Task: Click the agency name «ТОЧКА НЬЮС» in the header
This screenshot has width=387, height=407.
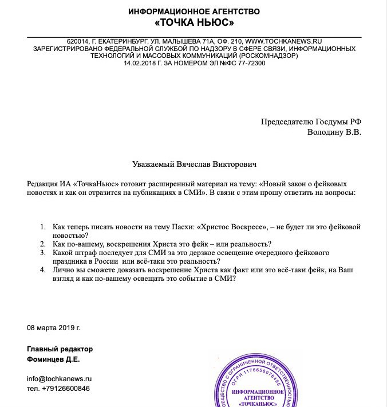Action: click(194, 23)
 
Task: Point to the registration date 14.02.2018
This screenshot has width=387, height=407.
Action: click(141, 63)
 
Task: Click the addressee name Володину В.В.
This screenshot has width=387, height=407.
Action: click(334, 132)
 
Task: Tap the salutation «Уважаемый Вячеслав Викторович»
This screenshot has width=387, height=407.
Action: click(193, 165)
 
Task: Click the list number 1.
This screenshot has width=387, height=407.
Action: click(44, 227)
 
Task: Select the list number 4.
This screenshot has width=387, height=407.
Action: click(44, 270)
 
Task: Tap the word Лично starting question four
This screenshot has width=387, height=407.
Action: click(63, 270)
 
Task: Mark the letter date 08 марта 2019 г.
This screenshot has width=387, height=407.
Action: click(54, 328)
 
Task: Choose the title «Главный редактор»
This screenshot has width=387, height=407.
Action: click(60, 349)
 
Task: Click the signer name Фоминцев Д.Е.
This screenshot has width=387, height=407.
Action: click(53, 359)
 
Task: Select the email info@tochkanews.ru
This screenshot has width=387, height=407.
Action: click(59, 379)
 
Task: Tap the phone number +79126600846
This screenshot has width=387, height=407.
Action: click(66, 389)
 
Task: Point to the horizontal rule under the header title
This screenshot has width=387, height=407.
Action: click(194, 37)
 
